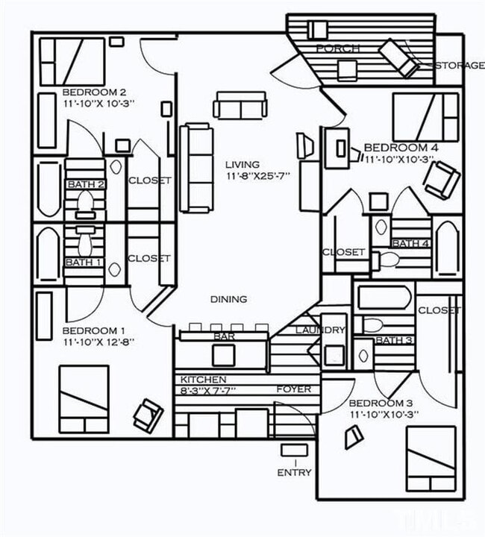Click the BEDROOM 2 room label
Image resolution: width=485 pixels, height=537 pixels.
(98, 92)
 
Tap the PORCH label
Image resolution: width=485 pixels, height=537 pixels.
(337, 48)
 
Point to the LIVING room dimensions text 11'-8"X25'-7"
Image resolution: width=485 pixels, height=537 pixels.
(257, 176)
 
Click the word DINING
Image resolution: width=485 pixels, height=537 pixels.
(228, 299)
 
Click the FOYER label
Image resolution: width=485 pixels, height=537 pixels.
(293, 389)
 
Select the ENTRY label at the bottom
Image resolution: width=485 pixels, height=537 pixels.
(293, 472)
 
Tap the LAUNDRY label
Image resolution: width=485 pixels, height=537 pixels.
(321, 330)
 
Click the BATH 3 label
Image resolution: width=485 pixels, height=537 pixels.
(392, 340)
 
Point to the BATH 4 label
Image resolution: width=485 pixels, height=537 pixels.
(410, 243)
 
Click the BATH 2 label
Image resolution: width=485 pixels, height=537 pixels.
(86, 184)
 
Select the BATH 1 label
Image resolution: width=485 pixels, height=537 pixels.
(83, 262)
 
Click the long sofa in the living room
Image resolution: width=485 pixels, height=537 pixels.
(196, 168)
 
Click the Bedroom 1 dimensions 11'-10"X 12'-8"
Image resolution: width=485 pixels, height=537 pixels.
(98, 342)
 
